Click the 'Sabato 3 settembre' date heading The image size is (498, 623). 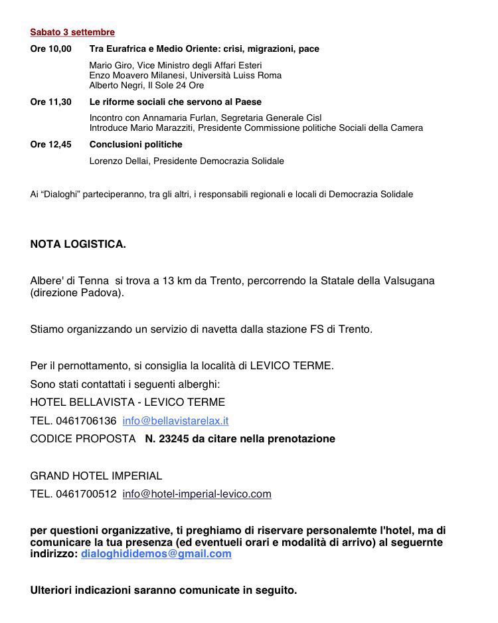(x=72, y=32)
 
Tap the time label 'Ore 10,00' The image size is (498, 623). (x=50, y=48)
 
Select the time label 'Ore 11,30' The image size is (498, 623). (x=50, y=102)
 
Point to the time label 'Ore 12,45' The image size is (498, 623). (x=50, y=144)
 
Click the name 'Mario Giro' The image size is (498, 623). (x=109, y=65)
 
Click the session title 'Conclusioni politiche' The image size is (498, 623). (x=135, y=144)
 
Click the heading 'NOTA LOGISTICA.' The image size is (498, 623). (x=78, y=244)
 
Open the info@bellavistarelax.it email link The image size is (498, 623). (x=175, y=420)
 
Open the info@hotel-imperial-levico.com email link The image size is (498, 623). (x=197, y=493)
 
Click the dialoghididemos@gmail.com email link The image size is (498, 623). (x=156, y=553)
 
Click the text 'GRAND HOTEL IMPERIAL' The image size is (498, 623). (x=96, y=476)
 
